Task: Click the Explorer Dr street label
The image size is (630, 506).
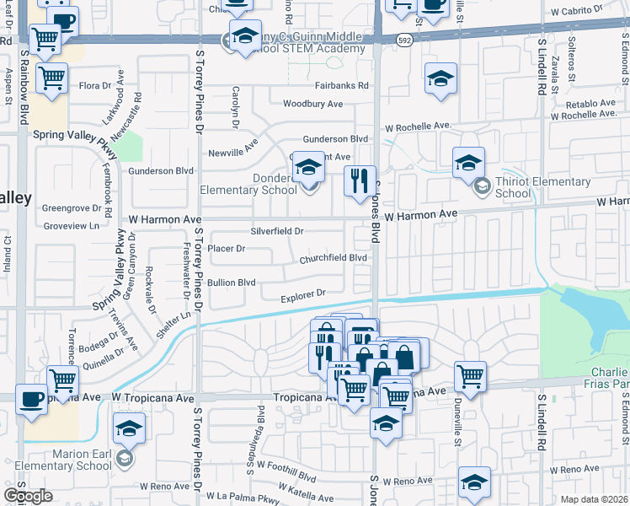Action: click(303, 293)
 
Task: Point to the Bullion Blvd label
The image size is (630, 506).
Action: click(231, 283)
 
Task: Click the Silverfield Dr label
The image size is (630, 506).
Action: click(277, 230)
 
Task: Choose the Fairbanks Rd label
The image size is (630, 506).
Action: click(340, 86)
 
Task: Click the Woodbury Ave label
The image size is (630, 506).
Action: click(312, 104)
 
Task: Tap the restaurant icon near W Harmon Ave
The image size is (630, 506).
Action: click(360, 180)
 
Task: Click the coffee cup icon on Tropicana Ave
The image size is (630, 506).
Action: click(32, 399)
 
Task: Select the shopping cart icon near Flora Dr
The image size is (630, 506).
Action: click(53, 78)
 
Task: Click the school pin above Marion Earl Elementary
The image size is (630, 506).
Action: click(129, 428)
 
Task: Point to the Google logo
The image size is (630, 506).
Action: click(27, 496)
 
